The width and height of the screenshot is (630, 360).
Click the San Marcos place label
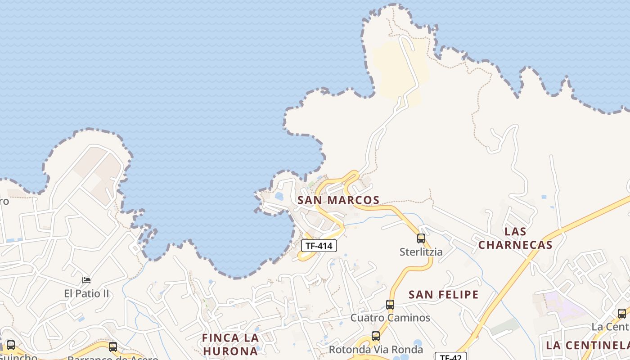338,200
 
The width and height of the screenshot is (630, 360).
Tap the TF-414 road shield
319,246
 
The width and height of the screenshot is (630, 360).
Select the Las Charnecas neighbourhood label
515,238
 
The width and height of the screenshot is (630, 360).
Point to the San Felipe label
443,295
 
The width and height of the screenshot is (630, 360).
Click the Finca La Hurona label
230,344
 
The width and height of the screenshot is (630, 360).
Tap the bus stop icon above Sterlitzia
421,238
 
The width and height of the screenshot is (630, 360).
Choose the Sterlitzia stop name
421,252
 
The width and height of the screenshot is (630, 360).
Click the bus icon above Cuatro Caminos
390,305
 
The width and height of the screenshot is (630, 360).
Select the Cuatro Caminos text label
390,318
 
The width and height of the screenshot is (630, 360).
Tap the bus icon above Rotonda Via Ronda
376,336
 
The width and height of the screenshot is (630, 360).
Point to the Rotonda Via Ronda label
376,350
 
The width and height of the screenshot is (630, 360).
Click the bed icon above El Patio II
86,280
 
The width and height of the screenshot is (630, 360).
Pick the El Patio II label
86,294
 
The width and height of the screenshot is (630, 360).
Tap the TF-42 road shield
450,357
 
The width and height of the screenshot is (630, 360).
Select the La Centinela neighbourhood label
587,346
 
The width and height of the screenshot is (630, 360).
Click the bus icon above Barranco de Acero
113,347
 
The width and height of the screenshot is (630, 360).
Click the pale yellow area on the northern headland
391,67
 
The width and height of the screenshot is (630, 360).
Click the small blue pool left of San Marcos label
279,196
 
